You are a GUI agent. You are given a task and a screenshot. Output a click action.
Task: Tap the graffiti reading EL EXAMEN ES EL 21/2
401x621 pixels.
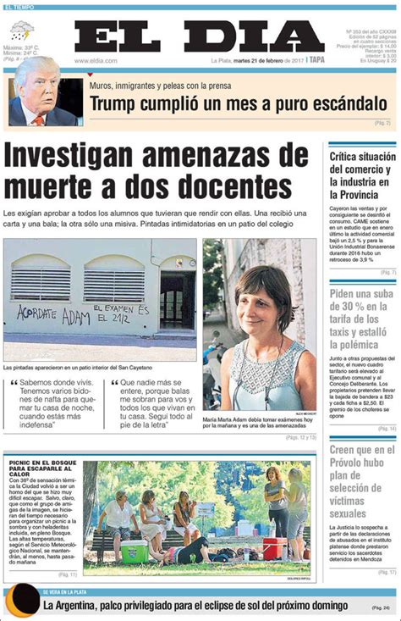pyautogui.click(x=120, y=313)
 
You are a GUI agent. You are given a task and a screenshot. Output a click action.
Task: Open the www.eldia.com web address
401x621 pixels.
pyautogui.click(x=95, y=60)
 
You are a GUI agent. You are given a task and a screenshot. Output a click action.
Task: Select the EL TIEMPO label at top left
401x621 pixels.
pyautogui.click(x=19, y=7)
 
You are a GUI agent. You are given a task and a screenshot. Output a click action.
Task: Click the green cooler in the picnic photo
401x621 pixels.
pyautogui.click(x=135, y=552)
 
